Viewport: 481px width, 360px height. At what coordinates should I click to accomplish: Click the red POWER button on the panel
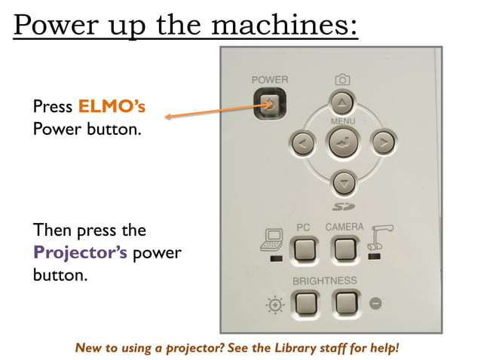pos(270,105)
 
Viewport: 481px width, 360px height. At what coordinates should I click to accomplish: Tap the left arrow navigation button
pos(302,142)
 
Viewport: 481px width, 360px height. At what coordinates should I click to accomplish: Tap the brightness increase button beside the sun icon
pos(305,303)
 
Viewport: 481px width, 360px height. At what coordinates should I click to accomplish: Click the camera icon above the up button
pos(342,79)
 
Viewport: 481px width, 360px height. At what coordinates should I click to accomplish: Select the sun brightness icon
pos(274,304)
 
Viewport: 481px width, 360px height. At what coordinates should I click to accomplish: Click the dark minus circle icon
pos(376,304)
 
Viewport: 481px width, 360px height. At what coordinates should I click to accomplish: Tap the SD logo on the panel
pos(343,206)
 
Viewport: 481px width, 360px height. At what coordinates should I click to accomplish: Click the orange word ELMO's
pos(112,107)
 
